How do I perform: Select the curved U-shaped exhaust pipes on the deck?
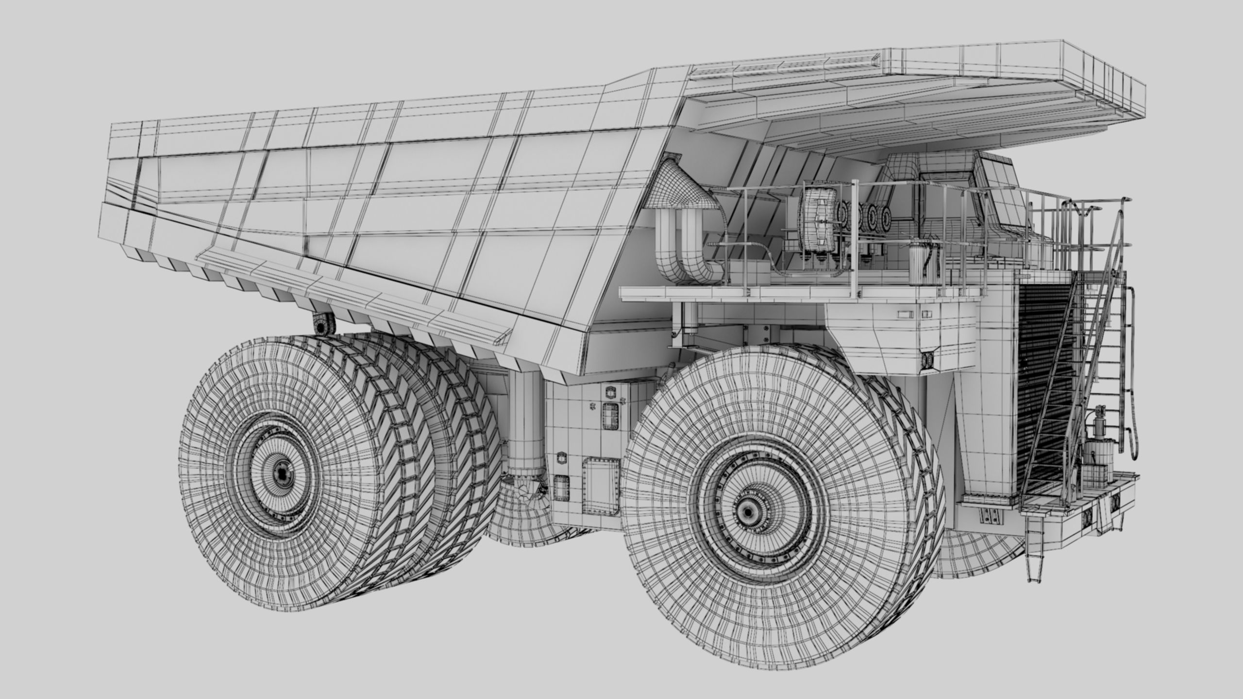680,252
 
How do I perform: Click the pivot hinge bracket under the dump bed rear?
321,323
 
